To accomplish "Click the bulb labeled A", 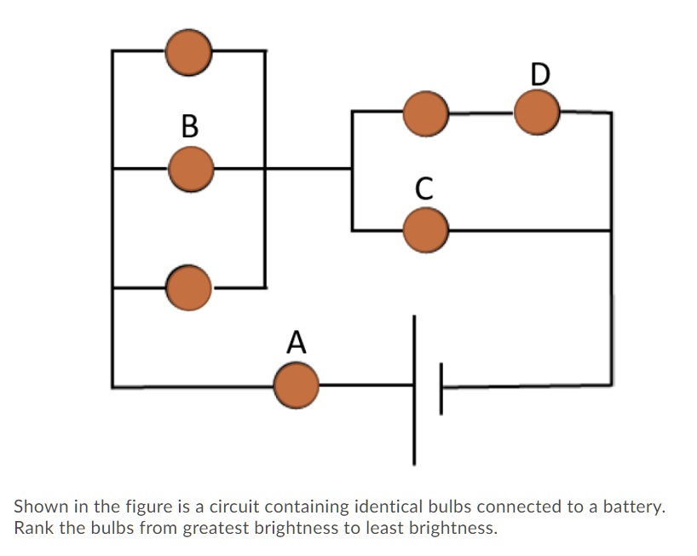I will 297,385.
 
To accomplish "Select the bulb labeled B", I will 190,169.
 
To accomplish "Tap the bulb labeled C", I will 425,230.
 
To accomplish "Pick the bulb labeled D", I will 537,113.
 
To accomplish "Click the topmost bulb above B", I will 188,51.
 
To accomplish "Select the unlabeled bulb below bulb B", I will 188,287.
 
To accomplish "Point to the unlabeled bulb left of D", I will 425,113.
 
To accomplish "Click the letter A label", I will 296,341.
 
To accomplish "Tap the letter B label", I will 190,126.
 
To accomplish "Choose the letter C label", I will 424,188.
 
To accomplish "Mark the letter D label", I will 539,73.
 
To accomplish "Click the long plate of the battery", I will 415,389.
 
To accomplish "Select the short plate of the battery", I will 441,388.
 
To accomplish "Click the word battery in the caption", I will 631,507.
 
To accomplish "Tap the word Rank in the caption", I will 33,527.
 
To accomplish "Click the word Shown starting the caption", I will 39,507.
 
